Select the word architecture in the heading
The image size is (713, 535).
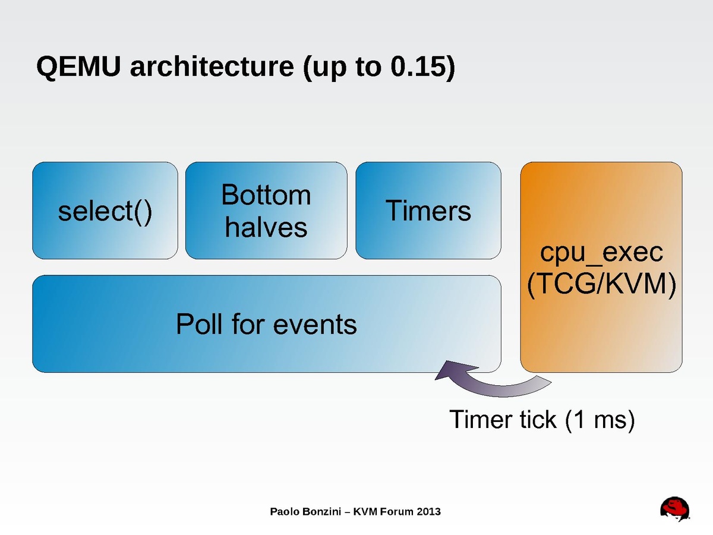211,67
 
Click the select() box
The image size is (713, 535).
105,211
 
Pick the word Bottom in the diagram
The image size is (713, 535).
266,195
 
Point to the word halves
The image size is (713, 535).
266,228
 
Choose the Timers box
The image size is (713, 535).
428,211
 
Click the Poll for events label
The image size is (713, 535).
266,325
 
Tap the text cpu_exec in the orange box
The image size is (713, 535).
601,253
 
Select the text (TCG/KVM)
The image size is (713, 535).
601,286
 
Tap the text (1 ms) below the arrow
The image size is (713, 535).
600,420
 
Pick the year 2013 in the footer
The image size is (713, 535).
429,511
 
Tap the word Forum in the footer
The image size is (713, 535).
397,511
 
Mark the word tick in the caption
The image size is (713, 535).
532,420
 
